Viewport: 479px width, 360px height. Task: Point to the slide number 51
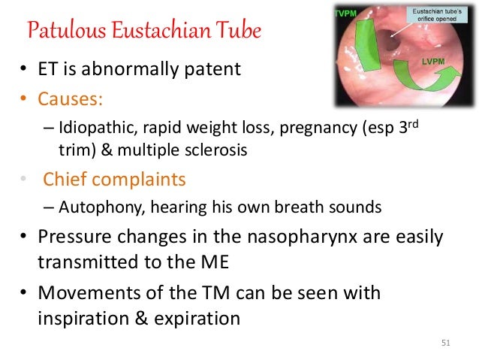[446, 343]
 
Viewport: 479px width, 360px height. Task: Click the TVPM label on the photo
[346, 14]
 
